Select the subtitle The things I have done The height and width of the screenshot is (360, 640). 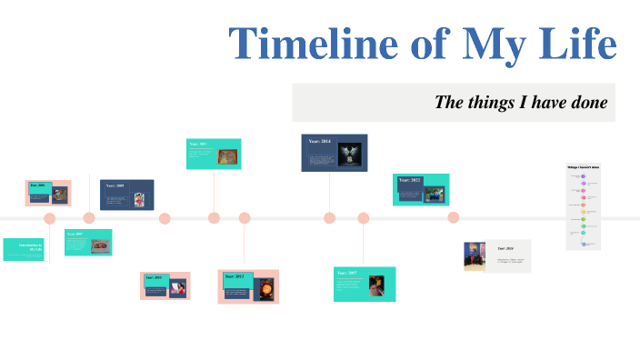[x=520, y=102]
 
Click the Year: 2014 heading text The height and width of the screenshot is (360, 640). [x=319, y=142]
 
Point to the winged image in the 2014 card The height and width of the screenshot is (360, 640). [x=348, y=153]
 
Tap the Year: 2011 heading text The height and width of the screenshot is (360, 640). [x=199, y=145]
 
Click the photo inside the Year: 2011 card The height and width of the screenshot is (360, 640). [x=228, y=156]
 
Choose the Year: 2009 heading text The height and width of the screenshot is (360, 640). [x=115, y=185]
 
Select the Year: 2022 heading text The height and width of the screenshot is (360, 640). [x=408, y=181]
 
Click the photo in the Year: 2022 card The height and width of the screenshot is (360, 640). [x=435, y=193]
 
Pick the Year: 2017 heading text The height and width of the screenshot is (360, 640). [x=347, y=273]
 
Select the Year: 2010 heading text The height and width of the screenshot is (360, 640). [x=153, y=277]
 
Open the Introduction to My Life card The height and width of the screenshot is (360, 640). [x=24, y=248]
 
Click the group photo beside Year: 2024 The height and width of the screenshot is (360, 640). [x=475, y=256]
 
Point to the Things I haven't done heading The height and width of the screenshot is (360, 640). [x=584, y=167]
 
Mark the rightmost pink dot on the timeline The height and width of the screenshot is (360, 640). [x=454, y=217]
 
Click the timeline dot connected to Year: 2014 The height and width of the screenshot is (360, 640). [x=330, y=217]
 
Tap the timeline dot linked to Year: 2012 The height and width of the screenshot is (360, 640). [x=245, y=217]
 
